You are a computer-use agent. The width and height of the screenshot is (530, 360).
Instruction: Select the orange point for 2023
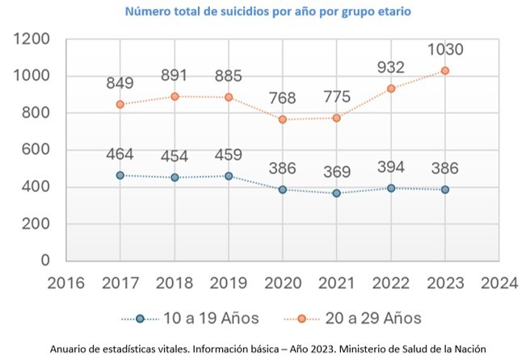coord(445,71)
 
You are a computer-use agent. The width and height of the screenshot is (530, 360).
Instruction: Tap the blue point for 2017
coord(120,175)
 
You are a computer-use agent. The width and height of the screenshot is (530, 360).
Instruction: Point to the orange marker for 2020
coord(283,119)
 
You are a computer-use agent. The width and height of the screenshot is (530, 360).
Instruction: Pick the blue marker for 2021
coord(337,193)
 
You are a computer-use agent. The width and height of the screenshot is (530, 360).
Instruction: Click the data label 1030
coord(445,50)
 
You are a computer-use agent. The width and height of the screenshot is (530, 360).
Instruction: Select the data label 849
coord(120,83)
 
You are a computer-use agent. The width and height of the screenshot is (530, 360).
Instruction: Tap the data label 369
coord(337,172)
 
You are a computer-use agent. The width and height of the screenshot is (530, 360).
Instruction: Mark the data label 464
coord(120,154)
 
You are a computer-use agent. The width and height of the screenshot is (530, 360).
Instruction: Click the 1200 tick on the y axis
coord(32,39)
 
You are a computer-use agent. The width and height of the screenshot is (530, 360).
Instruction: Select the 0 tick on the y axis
coord(45,261)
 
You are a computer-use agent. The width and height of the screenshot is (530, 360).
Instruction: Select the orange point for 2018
coord(175,96)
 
